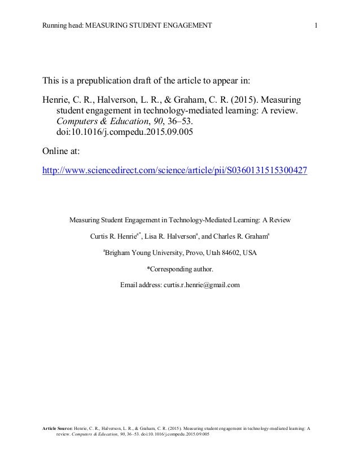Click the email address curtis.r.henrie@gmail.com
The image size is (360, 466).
tap(202, 284)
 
